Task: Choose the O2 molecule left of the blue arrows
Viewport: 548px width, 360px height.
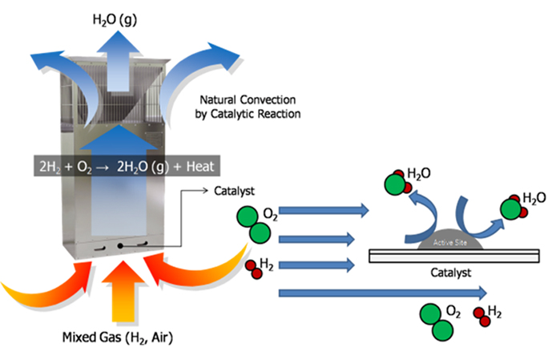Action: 255,223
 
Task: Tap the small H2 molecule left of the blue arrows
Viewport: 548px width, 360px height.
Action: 254,270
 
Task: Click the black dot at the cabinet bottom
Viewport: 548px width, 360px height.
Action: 119,244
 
